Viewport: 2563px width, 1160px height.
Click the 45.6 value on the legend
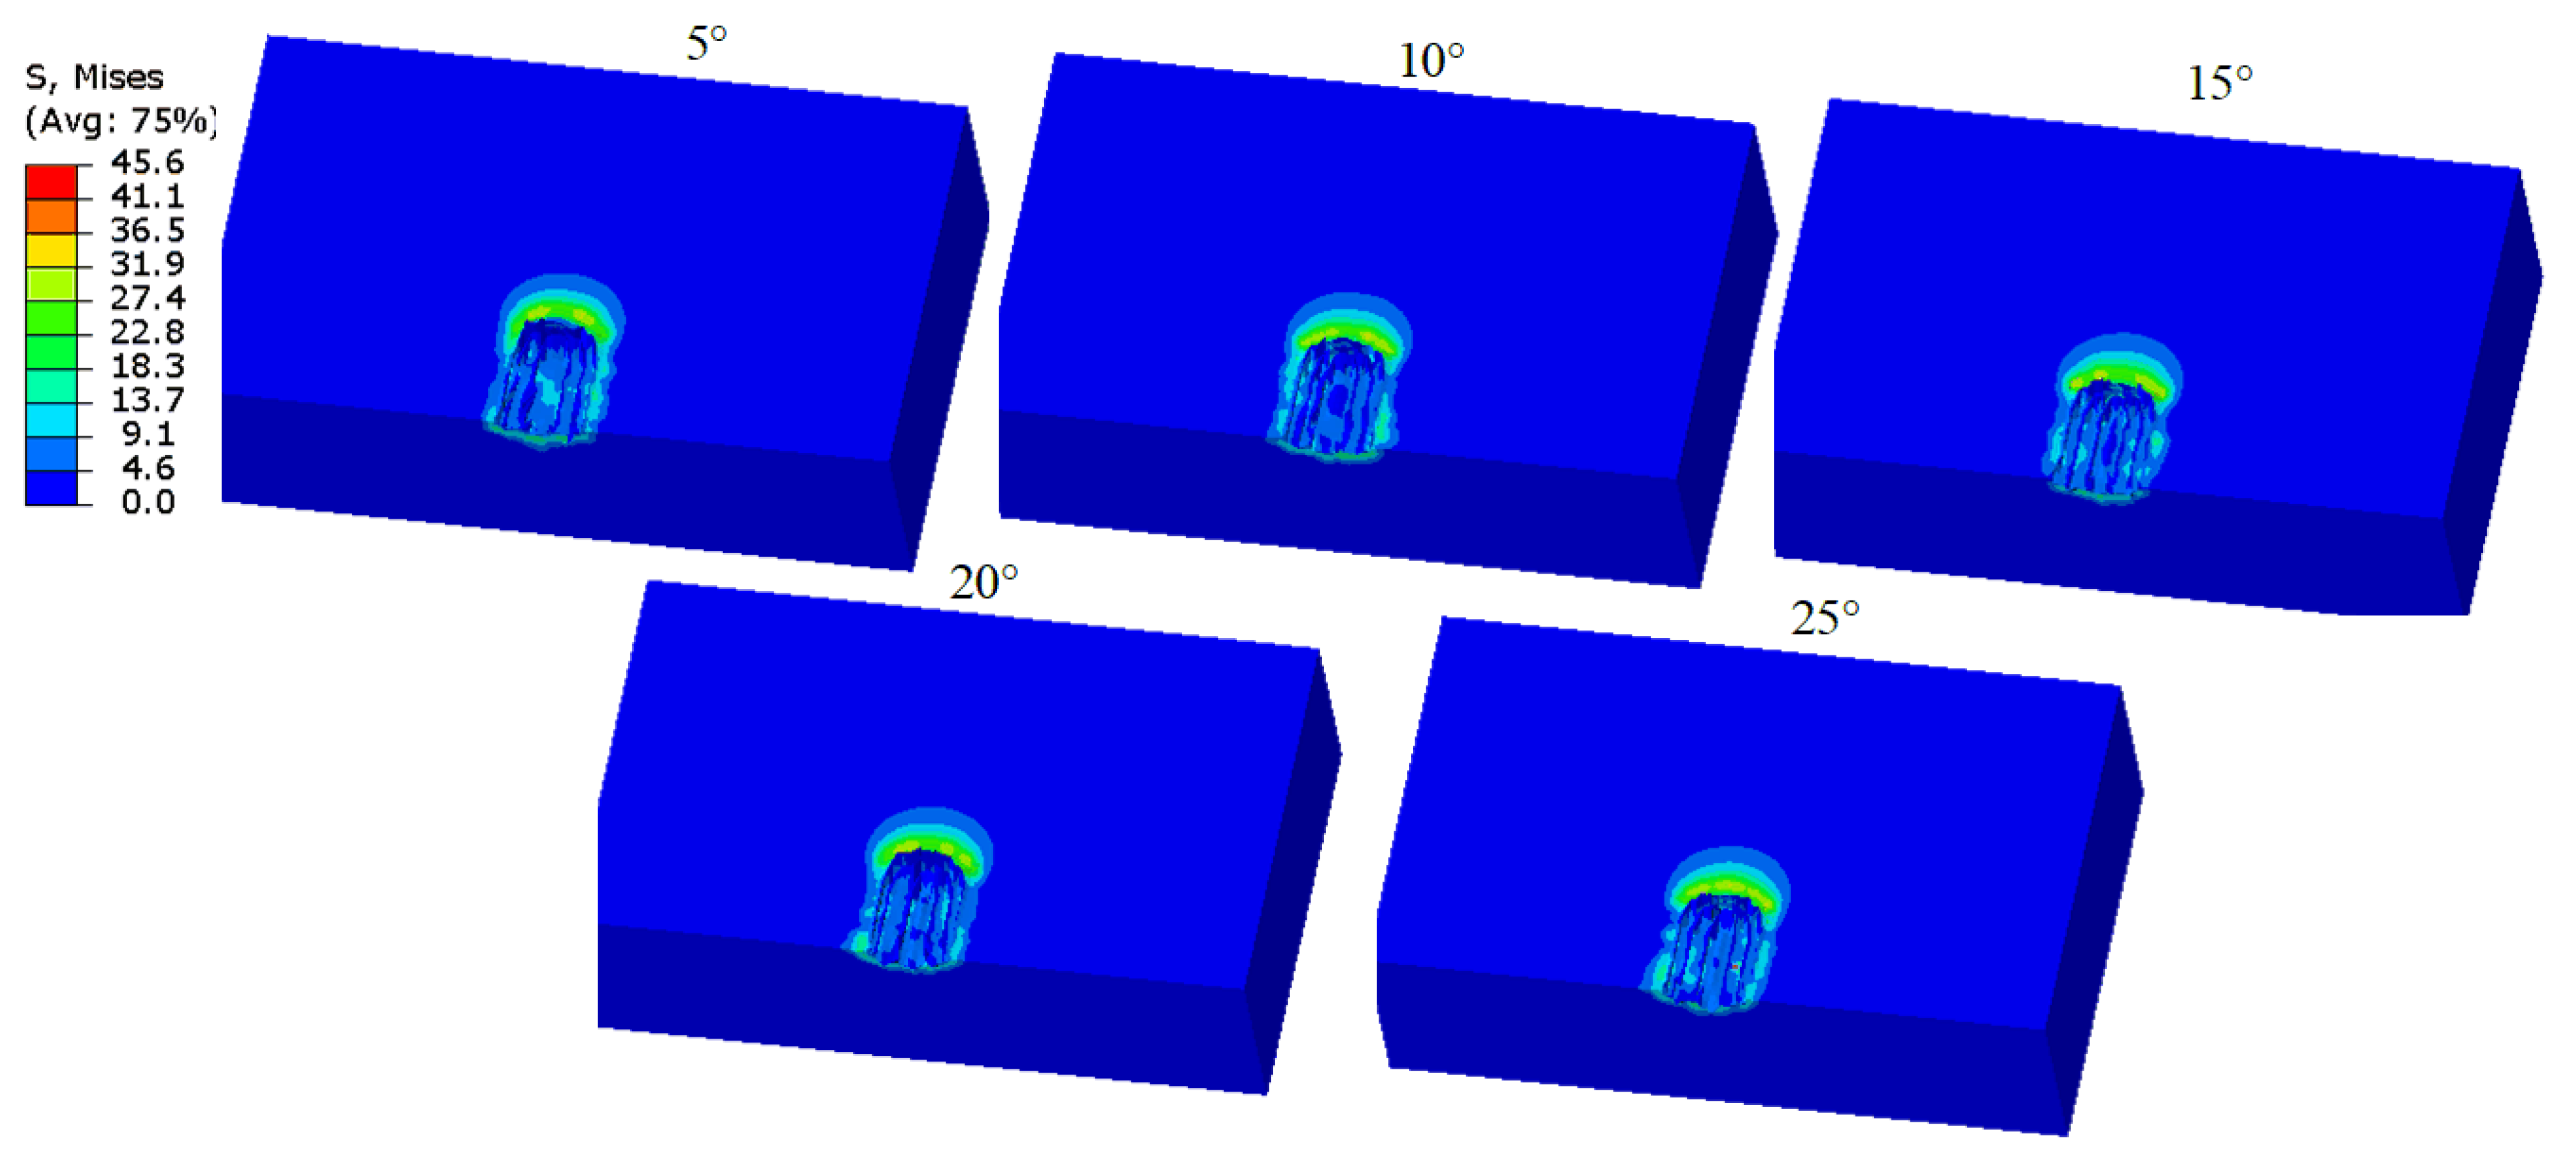pos(147,161)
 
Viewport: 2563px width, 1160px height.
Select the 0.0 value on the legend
pos(147,501)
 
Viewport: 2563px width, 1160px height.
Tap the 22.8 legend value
pos(147,332)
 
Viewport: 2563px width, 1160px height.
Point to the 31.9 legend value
pos(147,264)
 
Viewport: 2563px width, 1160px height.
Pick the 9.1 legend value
pos(147,434)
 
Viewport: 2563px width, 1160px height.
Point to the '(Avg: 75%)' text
pos(119,120)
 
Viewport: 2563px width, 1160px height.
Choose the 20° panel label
pos(983,583)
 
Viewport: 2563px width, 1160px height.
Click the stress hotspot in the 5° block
pos(558,316)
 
